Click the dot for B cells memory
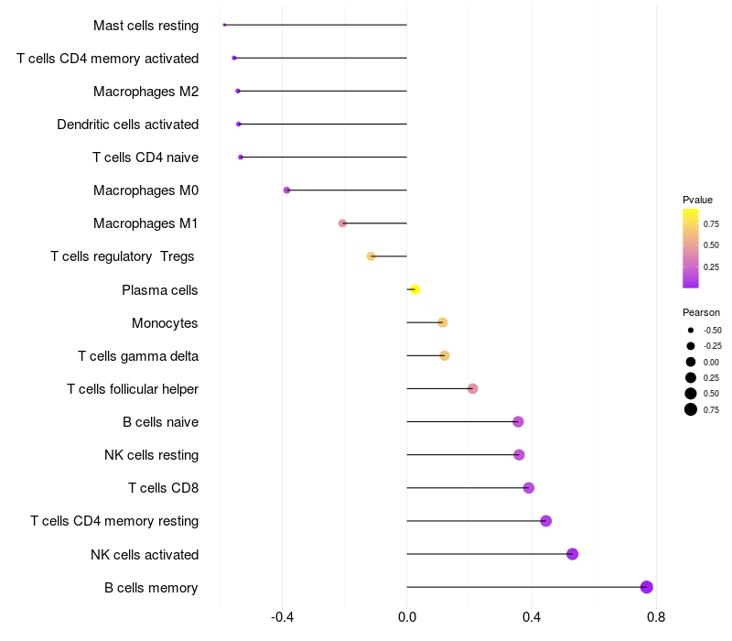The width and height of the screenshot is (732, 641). pos(647,587)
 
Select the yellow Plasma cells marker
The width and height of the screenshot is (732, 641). pos(414,289)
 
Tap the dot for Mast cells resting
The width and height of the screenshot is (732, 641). pos(224,25)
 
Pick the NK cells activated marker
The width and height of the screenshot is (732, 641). pos(573,554)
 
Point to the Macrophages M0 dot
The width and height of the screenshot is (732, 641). pos(286,190)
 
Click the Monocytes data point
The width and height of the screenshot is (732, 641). pos(443,322)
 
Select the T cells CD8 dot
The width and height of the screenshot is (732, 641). pos(529,488)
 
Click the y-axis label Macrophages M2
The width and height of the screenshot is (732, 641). pos(146,92)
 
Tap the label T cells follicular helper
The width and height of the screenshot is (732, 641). pos(133,389)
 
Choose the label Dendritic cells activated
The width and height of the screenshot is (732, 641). pos(128,125)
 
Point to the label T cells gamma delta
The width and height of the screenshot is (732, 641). pos(138,356)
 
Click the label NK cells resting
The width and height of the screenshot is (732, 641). pos(152,455)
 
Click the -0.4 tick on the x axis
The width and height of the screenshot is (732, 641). pos(283,617)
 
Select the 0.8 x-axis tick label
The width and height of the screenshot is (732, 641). pos(655,617)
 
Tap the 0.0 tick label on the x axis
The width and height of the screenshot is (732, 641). pos(406,617)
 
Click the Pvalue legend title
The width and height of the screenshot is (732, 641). pos(697,200)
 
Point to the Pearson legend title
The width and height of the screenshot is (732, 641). pos(701,312)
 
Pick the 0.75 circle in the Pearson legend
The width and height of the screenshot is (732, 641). pos(691,409)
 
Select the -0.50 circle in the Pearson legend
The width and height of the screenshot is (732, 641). pos(691,330)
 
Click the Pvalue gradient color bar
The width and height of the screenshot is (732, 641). pos(691,248)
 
